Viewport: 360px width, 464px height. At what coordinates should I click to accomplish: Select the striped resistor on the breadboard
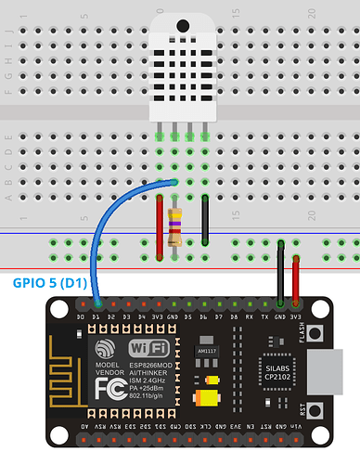[x=174, y=220]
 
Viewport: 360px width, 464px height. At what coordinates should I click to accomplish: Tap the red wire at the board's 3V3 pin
[x=296, y=278]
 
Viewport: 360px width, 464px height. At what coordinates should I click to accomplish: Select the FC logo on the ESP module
[x=106, y=383]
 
